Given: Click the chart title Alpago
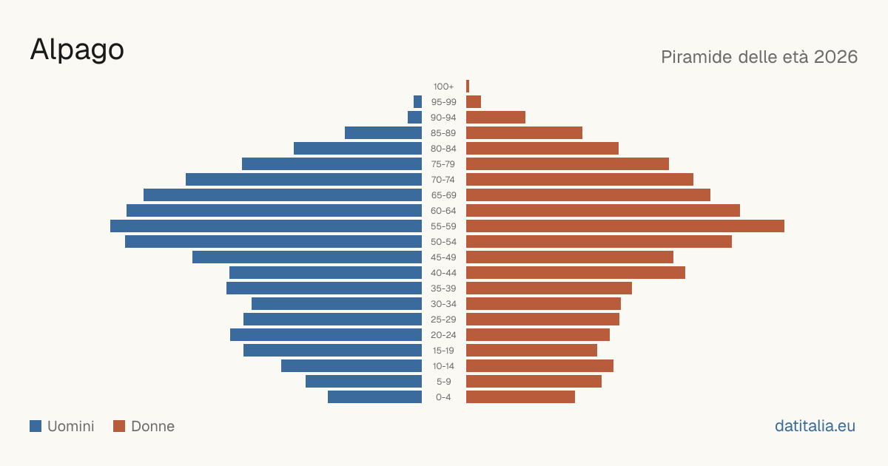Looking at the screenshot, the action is (x=77, y=50).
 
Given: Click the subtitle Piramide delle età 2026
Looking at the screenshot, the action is (x=759, y=57).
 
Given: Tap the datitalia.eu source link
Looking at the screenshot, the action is (x=815, y=426).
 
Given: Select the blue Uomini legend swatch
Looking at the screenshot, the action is (x=36, y=426).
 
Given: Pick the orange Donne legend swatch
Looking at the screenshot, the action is (x=119, y=426).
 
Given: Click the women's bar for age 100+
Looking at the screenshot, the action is (x=468, y=87).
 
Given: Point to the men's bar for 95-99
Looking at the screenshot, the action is (x=418, y=102).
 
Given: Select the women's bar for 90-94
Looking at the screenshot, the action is (x=496, y=118).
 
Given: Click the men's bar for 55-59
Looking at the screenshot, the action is (x=266, y=226).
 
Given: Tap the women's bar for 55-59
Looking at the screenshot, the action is (x=625, y=226).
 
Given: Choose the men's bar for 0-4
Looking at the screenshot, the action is (x=374, y=397).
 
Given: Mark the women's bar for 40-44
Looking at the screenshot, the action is (x=576, y=273).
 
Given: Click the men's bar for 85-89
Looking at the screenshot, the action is (x=383, y=132).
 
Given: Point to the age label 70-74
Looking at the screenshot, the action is (x=443, y=180).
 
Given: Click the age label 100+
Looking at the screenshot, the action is (x=443, y=87).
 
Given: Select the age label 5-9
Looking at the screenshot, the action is (x=443, y=382).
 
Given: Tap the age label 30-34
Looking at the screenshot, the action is (x=443, y=304).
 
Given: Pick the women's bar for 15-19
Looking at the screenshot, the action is (x=531, y=351).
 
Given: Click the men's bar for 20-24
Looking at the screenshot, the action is (x=326, y=335).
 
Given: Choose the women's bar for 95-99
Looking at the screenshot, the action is (x=474, y=102).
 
